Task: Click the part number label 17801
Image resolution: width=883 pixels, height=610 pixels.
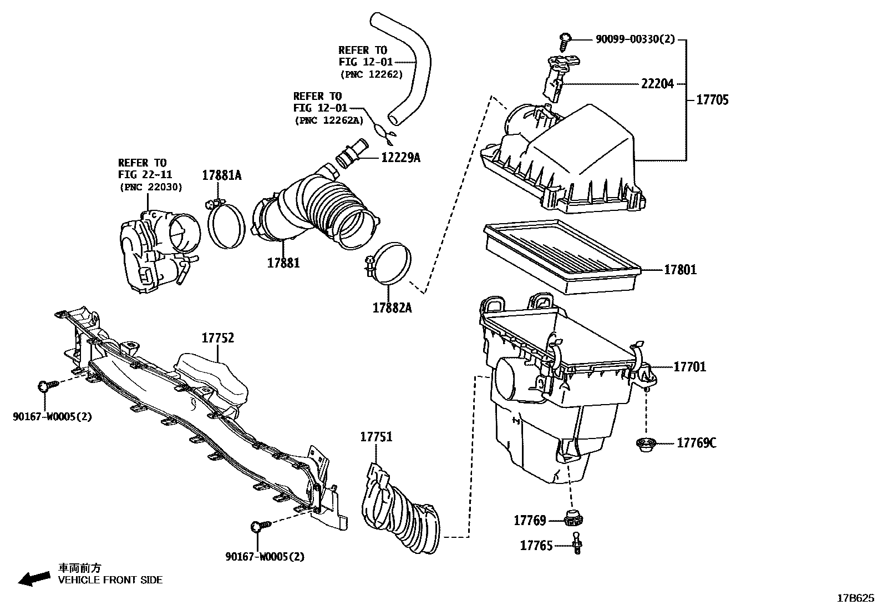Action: [x=681, y=270]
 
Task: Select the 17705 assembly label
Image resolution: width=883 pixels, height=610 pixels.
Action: [x=712, y=100]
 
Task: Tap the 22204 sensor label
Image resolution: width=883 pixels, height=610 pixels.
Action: [x=657, y=84]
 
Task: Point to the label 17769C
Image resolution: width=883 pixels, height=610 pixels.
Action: [x=696, y=443]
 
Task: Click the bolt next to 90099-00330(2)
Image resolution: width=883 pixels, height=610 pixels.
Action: [x=565, y=40]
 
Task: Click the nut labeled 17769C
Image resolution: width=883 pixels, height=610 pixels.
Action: [x=646, y=444]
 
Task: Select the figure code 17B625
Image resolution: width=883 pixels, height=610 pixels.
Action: [x=855, y=598]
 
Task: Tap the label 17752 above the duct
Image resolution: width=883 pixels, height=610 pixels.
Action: [x=217, y=338]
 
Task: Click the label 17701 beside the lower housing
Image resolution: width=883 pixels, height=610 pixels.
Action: [x=689, y=367]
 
